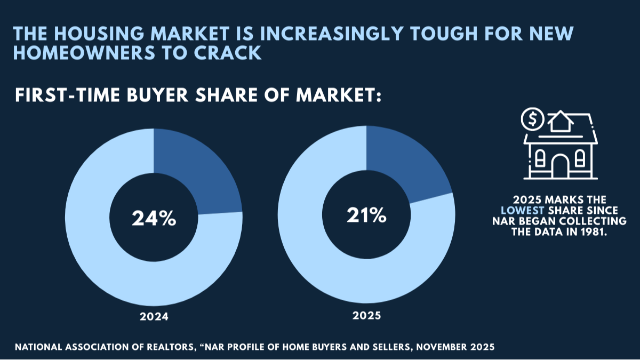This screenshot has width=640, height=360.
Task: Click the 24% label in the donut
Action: [x=154, y=219]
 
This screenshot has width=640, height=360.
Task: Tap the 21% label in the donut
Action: [x=366, y=215]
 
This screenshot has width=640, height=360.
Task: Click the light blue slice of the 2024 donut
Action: [x=107, y=256]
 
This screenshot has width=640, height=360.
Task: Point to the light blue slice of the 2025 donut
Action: [x=320, y=256]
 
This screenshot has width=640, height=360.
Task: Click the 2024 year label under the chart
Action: [x=154, y=316]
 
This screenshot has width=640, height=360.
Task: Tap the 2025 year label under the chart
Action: [x=366, y=315]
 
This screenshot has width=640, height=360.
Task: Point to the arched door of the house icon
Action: [x=560, y=167]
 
